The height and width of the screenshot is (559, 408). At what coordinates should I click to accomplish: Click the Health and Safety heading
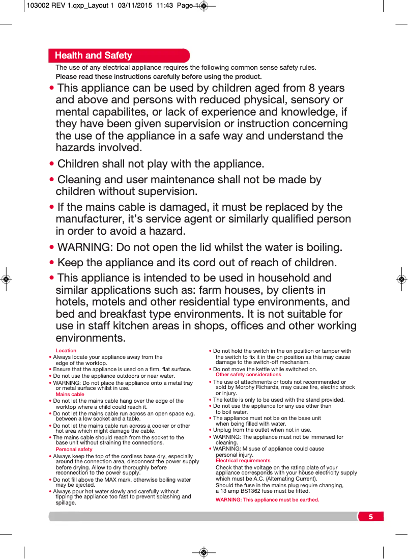click(x=93, y=55)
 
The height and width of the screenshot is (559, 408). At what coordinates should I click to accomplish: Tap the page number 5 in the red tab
click(x=371, y=517)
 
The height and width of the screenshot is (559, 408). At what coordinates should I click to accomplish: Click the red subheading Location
click(x=66, y=350)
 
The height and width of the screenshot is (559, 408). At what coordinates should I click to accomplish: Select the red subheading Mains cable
click(x=70, y=394)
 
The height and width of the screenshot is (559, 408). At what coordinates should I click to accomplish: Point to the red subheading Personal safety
click(x=74, y=450)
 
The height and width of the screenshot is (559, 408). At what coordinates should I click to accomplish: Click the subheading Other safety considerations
click(x=248, y=375)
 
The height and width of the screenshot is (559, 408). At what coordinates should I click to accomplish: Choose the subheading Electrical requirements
click(x=243, y=461)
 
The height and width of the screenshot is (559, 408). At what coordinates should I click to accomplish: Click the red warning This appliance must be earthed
click(x=267, y=500)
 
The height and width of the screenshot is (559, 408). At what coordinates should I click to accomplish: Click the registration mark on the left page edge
click(x=6, y=279)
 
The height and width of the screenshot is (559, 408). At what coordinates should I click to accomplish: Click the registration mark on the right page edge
click(x=401, y=279)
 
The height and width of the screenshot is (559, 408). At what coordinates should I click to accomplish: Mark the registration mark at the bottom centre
click(x=203, y=552)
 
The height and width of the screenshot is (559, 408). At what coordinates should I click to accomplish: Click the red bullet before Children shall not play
click(x=52, y=164)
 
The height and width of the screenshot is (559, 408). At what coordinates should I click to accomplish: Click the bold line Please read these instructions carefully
click(x=159, y=77)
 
